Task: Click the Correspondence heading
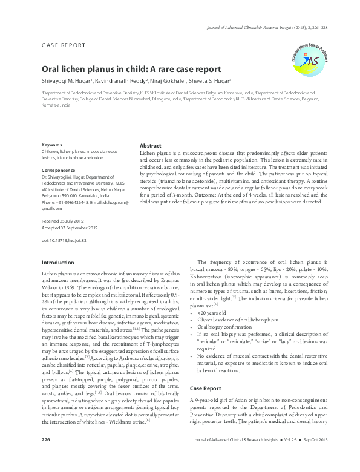click(59, 171)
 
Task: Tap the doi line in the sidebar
click(64, 240)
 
